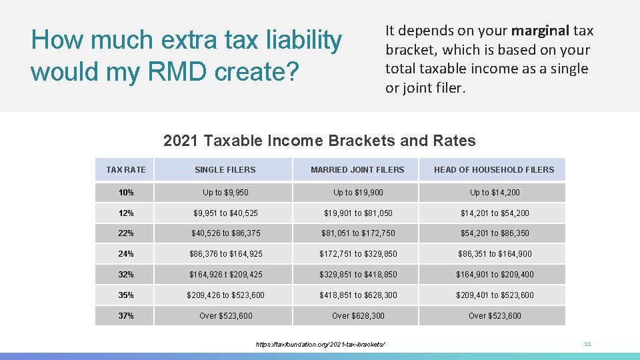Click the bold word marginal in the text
coord(540,31)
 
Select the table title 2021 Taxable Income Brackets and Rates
coord(319,141)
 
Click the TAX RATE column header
coord(126,170)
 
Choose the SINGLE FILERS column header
coord(225,170)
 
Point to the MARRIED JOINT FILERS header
coord(357,170)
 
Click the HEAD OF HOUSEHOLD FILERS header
coord(493,170)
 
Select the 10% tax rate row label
coord(126,193)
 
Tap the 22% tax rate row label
coord(126,233)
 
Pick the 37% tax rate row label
coord(126,316)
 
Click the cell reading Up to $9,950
coord(225,193)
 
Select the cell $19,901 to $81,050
coord(358,213)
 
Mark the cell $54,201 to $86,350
coord(494,233)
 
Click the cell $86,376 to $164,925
coord(225,254)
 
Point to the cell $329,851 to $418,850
coord(358,275)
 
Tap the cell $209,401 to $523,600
coord(494,295)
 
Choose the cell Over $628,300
coord(358,316)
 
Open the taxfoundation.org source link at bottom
coord(320,344)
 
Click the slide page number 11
coord(587,344)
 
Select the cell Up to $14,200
coord(494,193)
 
